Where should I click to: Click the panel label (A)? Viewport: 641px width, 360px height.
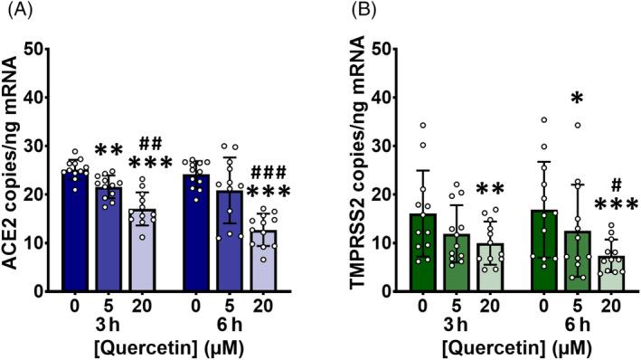point(15,12)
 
